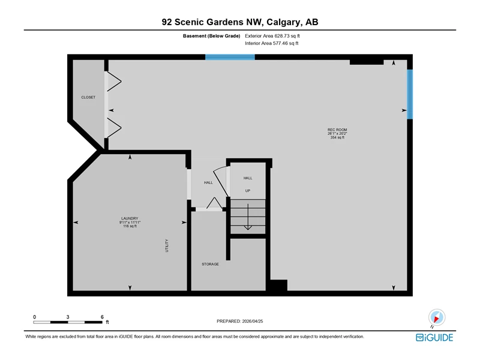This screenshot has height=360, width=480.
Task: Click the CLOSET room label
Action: tap(88, 97)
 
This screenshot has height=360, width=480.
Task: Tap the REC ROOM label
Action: tap(337, 130)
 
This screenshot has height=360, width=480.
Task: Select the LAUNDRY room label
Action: tap(130, 218)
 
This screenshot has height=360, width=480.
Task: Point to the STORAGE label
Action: tap(211, 264)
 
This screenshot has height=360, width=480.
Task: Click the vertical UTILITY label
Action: tap(167, 245)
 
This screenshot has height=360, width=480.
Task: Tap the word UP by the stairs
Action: tap(248, 191)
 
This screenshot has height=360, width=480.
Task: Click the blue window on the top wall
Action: tap(230, 57)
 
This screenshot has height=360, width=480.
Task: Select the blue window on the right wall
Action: tap(410, 94)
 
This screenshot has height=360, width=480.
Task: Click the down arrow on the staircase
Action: tap(248, 217)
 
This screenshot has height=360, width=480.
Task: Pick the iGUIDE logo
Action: tap(434, 337)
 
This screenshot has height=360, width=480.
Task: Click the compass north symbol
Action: tap(437, 318)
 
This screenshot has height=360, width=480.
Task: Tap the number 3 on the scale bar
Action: tap(68, 317)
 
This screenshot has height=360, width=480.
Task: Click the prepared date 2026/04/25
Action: tap(253, 321)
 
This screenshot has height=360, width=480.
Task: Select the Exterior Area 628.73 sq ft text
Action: tap(272, 36)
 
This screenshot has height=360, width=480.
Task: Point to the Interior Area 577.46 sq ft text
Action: tap(272, 43)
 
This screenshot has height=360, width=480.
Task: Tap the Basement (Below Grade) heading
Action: tap(212, 36)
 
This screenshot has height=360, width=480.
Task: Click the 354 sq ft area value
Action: tap(337, 137)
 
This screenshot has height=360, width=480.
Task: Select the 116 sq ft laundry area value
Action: tap(130, 226)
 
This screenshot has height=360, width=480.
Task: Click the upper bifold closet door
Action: tap(113, 82)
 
